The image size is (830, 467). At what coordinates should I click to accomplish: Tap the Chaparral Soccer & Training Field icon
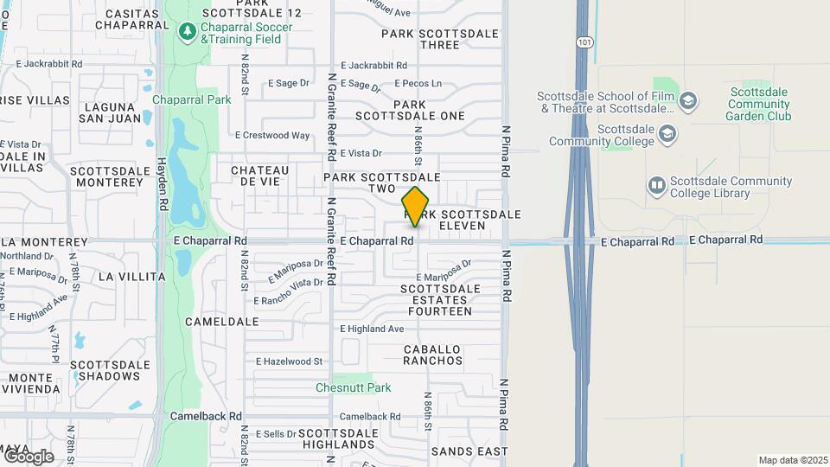point(187,31)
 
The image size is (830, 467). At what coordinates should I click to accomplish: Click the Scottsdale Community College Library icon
point(657,186)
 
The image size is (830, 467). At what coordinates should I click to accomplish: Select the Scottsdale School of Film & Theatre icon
point(688,101)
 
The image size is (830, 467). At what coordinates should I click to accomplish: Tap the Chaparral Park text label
point(192,99)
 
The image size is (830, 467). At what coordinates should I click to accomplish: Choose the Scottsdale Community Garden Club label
point(758,104)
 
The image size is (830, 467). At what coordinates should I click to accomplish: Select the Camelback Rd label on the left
point(205,415)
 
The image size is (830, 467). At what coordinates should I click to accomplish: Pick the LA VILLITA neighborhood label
point(131,277)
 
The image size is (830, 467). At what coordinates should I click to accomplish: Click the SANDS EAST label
point(469,451)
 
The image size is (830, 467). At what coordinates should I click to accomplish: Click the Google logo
point(28,456)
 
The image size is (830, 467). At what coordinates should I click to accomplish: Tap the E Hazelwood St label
point(289,361)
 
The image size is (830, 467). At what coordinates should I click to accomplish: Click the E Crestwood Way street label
point(272,135)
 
